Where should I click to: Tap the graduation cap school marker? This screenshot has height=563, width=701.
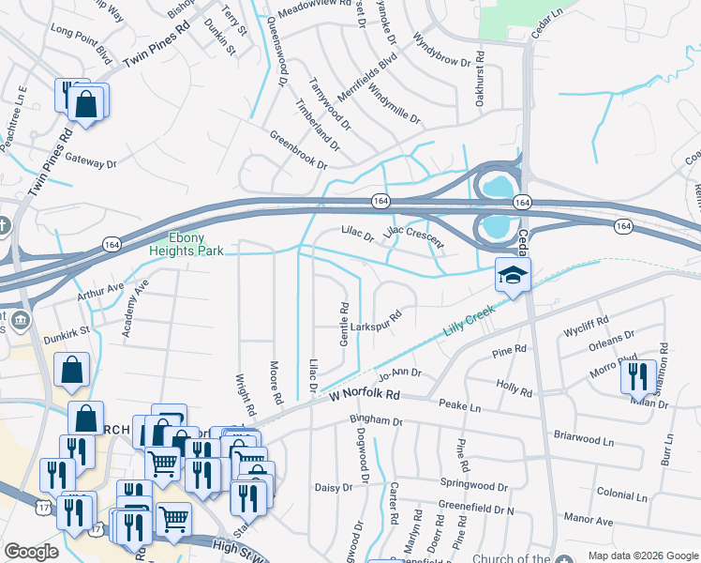514,276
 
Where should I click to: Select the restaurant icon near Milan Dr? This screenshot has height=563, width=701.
637,376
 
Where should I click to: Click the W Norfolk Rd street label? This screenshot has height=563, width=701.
364,395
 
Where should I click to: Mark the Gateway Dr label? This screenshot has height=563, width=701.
90,162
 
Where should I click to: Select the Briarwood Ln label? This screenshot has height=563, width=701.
584,438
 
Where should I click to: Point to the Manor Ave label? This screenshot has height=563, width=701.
589,518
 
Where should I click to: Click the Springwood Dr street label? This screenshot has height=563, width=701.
473,486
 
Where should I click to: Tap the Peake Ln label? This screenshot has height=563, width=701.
459,406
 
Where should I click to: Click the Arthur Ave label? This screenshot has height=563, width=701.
102,287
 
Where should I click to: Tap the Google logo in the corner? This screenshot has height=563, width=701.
32,551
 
